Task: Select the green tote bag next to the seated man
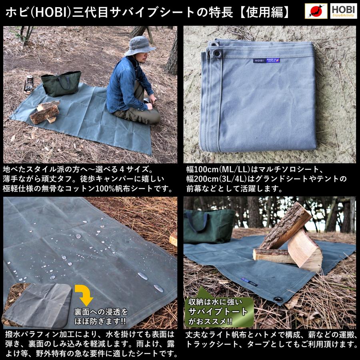pyautogui.click(x=61, y=83)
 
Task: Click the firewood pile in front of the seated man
pyautogui.click(x=44, y=112)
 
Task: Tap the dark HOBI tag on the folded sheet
pyautogui.click(x=260, y=61)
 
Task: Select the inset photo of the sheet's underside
pyautogui.click(x=38, y=305)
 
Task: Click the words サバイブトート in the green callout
pyautogui.click(x=218, y=312)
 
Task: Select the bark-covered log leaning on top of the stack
pyautogui.click(x=285, y=225)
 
